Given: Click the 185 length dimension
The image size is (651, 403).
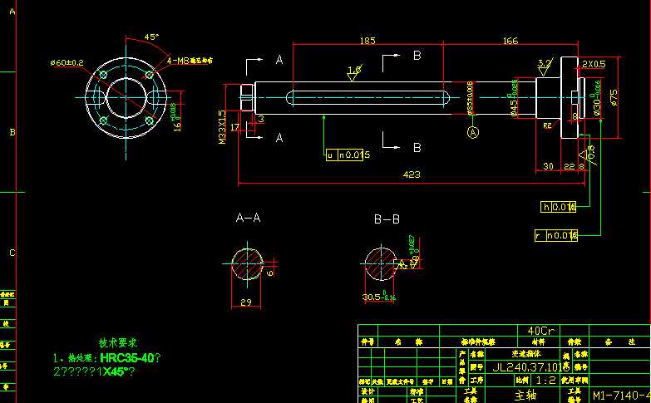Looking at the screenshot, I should coord(366,40).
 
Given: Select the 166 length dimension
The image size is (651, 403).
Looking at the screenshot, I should coord(510,40).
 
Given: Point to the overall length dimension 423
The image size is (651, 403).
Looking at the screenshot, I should coord(411,175).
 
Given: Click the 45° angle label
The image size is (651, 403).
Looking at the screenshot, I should coord(151,37).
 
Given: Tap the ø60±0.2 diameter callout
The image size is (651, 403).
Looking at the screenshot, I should coord(67,62).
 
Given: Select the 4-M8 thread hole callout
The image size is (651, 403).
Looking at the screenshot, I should coord(190,61).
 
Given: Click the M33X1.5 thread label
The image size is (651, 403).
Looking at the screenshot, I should coord(223,127).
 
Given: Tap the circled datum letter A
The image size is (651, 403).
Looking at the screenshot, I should coord(474,132).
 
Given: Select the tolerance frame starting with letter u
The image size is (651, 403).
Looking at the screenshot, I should coord(348,155).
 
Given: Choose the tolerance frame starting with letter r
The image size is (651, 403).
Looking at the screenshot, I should coord(555,236).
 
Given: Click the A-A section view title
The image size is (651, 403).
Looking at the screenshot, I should coord(248,219).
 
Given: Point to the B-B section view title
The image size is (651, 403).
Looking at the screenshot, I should coord(387,219).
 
